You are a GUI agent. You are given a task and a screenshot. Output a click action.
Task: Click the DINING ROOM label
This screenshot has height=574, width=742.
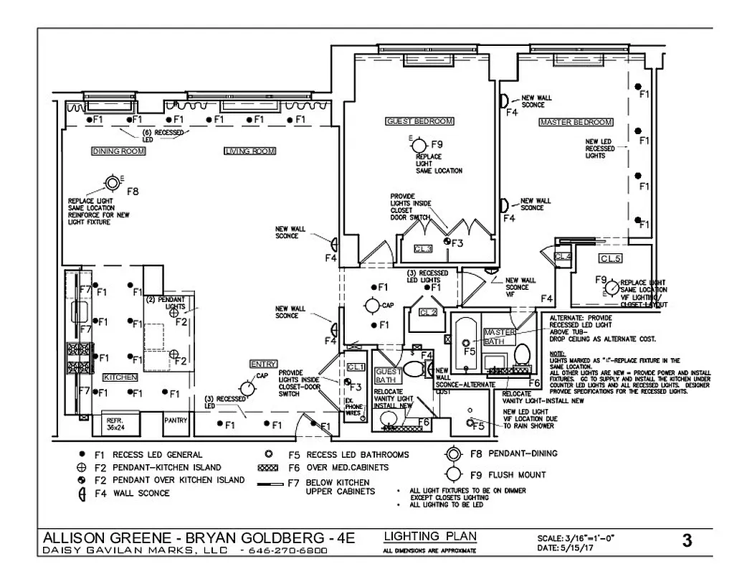118,151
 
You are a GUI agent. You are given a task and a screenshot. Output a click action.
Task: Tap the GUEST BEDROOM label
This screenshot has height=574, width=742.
419,121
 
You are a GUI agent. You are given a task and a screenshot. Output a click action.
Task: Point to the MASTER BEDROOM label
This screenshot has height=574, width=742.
576,123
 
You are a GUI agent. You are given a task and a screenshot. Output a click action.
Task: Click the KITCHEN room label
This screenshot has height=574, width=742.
120,377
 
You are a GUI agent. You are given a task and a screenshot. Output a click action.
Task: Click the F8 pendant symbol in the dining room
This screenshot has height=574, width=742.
113,182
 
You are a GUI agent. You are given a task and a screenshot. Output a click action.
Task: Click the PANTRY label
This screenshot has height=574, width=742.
176,420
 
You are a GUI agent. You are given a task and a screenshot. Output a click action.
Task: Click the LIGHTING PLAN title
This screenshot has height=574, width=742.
430,537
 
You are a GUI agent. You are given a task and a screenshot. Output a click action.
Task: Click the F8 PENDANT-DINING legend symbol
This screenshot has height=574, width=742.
452,455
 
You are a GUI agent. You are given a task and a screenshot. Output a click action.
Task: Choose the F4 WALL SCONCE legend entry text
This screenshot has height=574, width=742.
141,493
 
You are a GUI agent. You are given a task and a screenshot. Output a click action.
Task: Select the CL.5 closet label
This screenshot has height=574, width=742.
610,258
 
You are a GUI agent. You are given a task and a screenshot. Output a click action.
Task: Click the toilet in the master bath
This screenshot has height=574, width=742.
521,354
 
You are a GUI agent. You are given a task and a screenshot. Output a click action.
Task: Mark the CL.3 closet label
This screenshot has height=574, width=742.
423,249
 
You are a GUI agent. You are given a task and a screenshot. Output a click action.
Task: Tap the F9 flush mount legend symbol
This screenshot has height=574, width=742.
452,474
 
